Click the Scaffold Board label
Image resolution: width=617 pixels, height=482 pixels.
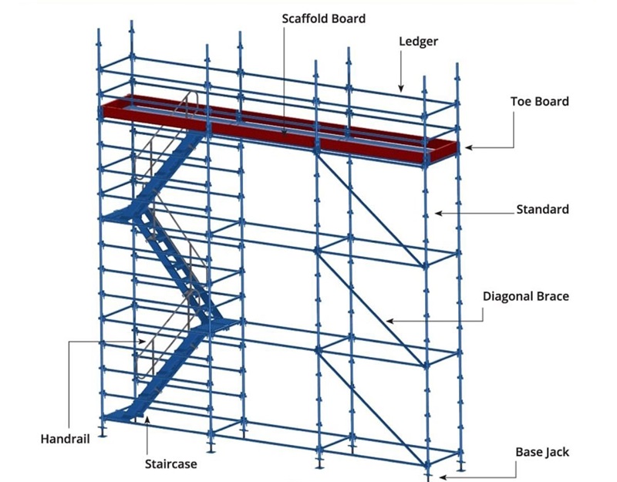click(323, 19)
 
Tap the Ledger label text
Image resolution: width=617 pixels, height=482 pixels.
click(418, 42)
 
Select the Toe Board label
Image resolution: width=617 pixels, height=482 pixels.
click(539, 102)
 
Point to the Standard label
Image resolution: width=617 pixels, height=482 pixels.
click(542, 209)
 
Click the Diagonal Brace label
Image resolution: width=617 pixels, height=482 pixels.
click(526, 296)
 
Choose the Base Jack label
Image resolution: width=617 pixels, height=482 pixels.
click(542, 452)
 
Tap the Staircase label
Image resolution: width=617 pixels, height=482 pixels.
click(170, 464)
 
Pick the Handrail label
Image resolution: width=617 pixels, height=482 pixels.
click(66, 439)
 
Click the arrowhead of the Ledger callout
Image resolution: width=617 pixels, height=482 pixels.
click(401, 88)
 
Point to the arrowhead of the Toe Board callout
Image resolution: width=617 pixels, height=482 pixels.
click(469, 148)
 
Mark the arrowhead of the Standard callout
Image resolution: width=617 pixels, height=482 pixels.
click(439, 214)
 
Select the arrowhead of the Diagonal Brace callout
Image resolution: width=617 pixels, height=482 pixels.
click(389, 321)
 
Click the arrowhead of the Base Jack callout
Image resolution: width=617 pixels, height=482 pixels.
click(443, 477)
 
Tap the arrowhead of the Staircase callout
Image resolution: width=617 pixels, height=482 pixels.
click(147, 420)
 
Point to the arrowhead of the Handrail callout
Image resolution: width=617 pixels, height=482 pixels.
click(142, 341)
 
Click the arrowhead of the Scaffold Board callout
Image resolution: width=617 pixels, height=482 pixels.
click(284, 132)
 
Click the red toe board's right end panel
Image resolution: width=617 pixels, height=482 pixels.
click(443, 151)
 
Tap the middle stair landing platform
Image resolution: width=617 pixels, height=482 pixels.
click(214, 325)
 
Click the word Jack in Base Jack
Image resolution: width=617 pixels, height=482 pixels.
click(558, 452)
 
